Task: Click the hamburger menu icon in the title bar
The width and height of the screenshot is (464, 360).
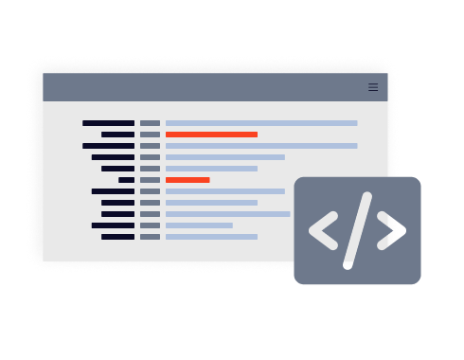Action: click(373, 87)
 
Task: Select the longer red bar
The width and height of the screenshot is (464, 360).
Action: click(211, 135)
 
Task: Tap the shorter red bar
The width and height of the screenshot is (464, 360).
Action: click(187, 180)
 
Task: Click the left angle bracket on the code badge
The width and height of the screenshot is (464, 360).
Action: click(323, 230)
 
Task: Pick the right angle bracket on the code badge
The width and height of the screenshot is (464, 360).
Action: click(385, 230)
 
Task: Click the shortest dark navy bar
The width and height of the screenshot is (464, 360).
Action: click(126, 180)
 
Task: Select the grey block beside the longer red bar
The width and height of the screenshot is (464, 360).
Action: click(150, 135)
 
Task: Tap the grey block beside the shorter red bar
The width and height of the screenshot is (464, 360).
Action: click(150, 180)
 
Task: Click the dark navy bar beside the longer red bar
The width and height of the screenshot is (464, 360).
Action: click(117, 135)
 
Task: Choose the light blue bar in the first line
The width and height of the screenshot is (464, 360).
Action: click(261, 123)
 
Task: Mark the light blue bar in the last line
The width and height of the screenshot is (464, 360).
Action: click(211, 237)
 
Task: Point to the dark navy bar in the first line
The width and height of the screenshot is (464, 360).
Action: click(108, 123)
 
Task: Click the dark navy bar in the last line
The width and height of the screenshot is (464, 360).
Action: click(117, 237)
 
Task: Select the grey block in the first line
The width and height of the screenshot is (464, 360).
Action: click(150, 123)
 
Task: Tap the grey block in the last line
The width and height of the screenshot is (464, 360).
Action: click(150, 237)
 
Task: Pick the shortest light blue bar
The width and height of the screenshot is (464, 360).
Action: click(199, 225)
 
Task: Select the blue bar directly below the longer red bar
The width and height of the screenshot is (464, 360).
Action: click(261, 146)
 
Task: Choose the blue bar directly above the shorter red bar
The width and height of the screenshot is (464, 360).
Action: click(211, 169)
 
